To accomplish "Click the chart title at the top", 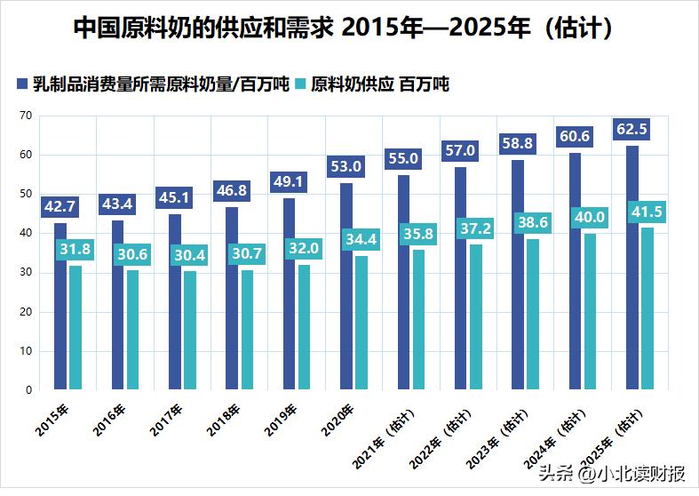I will pos(341,28).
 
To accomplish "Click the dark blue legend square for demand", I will pos(23,85).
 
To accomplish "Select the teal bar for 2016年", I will pos(132,330).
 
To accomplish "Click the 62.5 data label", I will pos(631,130).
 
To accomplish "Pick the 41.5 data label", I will pos(647,212).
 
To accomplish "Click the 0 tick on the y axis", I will pos(28,389).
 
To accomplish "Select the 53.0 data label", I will pos(346,166).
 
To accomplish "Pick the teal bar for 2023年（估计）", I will pos(533,314).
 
